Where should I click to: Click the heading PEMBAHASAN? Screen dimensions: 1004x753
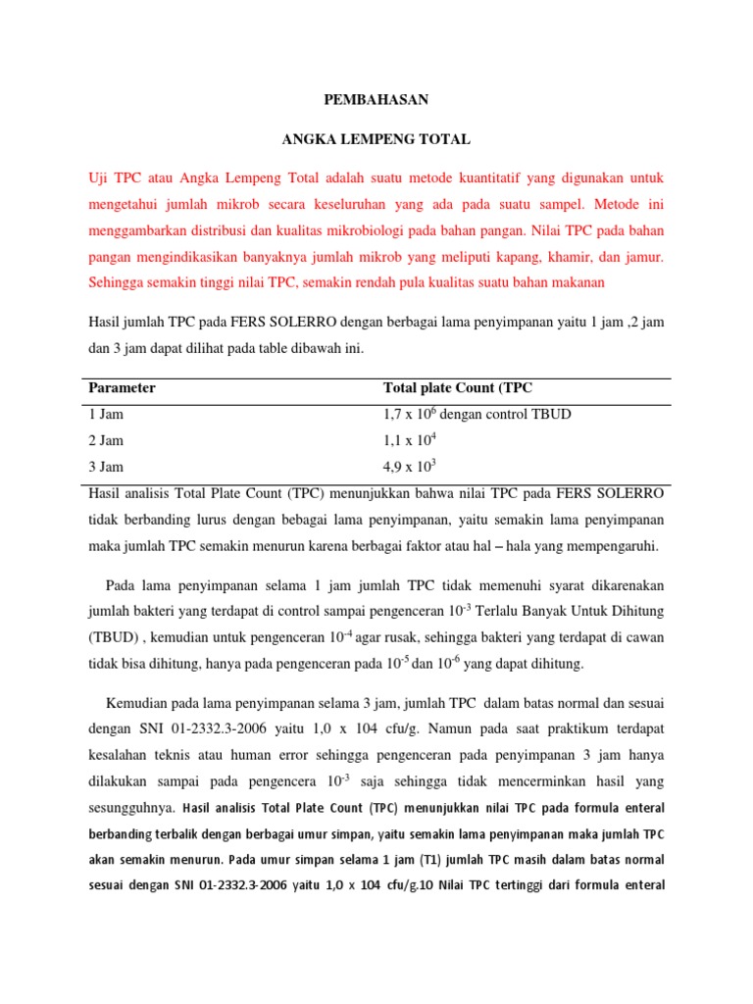(376, 100)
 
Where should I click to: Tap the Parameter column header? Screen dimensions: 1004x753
(122, 387)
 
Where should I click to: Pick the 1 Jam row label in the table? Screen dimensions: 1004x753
(106, 414)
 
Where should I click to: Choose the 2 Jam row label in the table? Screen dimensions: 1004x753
(106, 440)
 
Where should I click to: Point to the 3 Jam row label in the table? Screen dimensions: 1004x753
(106, 467)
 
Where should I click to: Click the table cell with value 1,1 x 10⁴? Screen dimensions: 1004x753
(410, 439)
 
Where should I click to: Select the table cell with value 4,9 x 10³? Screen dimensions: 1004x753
(410, 466)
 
